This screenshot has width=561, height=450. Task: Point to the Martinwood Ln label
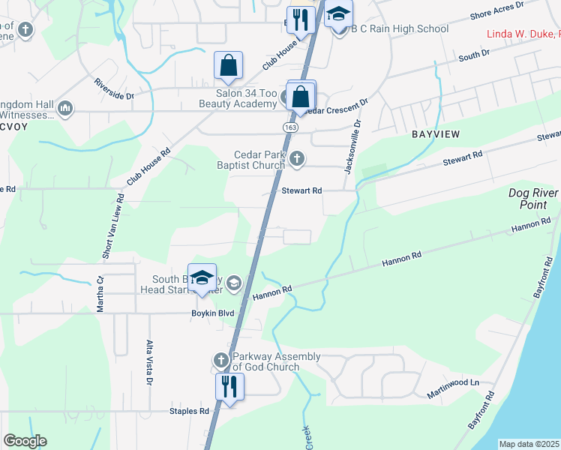click(x=453, y=383)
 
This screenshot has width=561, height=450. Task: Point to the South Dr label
click(x=473, y=55)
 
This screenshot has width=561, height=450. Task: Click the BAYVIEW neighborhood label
click(x=435, y=133)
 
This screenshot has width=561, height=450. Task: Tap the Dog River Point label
click(x=534, y=198)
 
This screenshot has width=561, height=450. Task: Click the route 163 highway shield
click(x=289, y=128)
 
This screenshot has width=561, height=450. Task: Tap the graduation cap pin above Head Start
click(x=201, y=278)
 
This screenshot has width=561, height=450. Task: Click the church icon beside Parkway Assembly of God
click(x=221, y=361)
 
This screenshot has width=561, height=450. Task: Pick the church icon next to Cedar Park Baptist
click(x=298, y=158)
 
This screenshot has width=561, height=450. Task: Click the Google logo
click(x=25, y=440)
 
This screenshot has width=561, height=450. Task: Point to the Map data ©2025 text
click(x=529, y=444)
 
